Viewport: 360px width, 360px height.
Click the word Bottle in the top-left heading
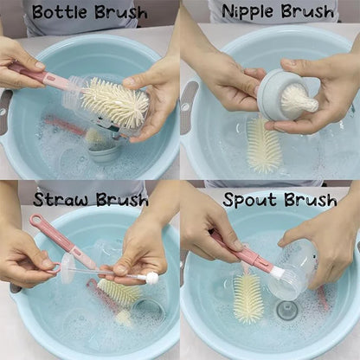pyautogui.click(x=59, y=12)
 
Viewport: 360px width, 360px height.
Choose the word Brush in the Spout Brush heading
pyautogui.click(x=310, y=201)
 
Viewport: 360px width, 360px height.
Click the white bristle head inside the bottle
pyautogui.click(x=116, y=104)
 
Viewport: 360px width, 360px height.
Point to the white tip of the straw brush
pyautogui.click(x=152, y=279)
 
